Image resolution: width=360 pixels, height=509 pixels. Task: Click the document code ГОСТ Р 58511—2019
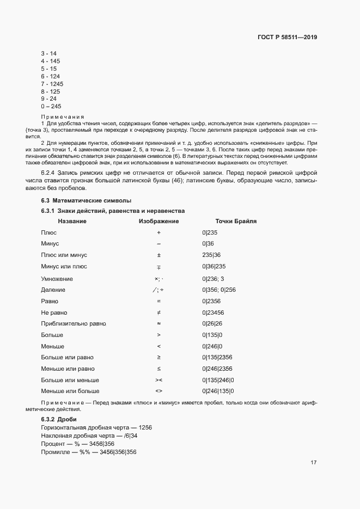pyautogui.click(x=287, y=38)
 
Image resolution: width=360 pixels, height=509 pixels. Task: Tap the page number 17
pyautogui.click(x=314, y=463)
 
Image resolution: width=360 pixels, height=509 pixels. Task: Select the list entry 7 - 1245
pyautogui.click(x=52, y=84)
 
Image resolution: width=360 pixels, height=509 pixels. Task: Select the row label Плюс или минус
pyautogui.click(x=64, y=255)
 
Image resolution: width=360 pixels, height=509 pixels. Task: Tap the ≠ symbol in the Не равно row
pyautogui.click(x=158, y=312)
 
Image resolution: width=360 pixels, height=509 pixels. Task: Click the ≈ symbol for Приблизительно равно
pyautogui.click(x=158, y=324)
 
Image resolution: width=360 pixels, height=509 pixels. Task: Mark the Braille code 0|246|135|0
pyautogui.click(x=217, y=391)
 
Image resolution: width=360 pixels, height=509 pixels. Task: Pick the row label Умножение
pyautogui.click(x=57, y=279)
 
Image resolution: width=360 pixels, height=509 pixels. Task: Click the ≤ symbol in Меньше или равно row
pyautogui.click(x=158, y=369)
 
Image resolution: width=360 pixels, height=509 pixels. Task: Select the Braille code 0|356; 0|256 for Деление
pyautogui.click(x=218, y=290)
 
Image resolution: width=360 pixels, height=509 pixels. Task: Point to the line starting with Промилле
pyautogui.click(x=88, y=452)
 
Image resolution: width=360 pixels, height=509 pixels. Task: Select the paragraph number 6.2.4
pyautogui.click(x=50, y=172)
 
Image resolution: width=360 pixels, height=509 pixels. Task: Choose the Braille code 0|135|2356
pyautogui.click(x=217, y=358)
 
